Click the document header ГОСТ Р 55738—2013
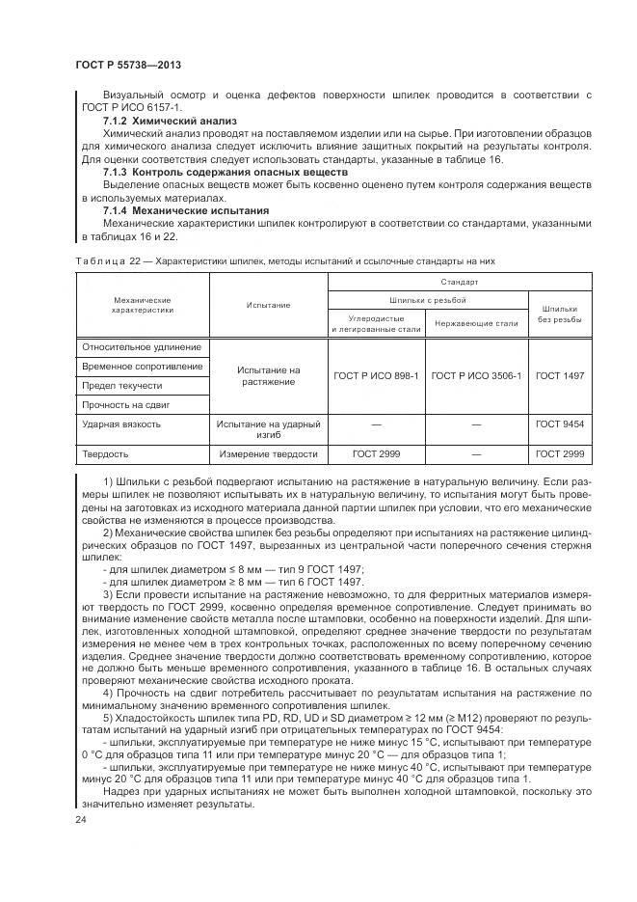click(x=128, y=65)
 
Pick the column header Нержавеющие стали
click(x=476, y=323)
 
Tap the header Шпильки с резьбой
click(x=427, y=300)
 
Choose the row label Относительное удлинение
click(x=142, y=347)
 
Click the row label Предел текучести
click(x=121, y=386)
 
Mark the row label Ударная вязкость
click(x=121, y=424)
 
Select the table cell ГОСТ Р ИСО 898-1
click(x=376, y=375)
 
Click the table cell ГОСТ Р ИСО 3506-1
click(x=476, y=375)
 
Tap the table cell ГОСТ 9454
click(x=560, y=424)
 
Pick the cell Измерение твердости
click(x=268, y=453)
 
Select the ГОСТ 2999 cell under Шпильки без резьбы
click(x=560, y=453)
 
